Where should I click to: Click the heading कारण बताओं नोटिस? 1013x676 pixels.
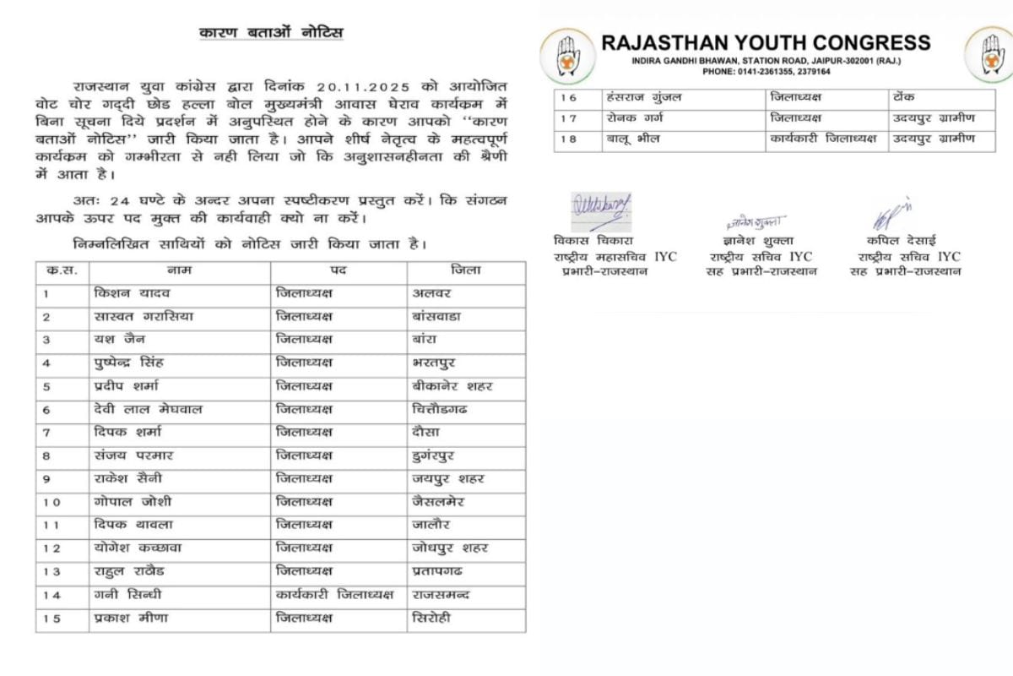(x=271, y=33)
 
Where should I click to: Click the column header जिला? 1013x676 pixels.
(x=465, y=270)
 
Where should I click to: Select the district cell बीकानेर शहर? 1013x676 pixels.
(x=452, y=386)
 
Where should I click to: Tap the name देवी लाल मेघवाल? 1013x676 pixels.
(x=147, y=409)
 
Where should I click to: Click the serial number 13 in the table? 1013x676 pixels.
(x=52, y=571)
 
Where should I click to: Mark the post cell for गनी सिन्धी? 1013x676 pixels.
(x=335, y=594)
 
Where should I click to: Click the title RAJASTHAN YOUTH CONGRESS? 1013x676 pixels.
(x=766, y=43)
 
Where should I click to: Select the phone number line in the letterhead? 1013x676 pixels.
(x=766, y=72)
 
